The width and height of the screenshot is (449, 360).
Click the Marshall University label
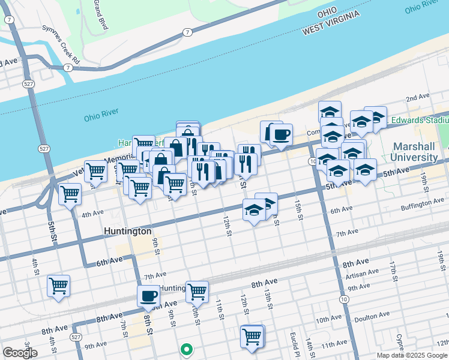point(415,152)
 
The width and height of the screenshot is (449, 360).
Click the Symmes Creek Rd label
point(61,44)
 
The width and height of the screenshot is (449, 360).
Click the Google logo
point(20,352)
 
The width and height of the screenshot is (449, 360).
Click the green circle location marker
point(187,348)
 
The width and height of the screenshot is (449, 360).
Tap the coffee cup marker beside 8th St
point(149,295)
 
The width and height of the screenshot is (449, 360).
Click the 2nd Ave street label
point(418,97)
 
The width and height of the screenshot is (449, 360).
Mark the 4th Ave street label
point(93,214)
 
